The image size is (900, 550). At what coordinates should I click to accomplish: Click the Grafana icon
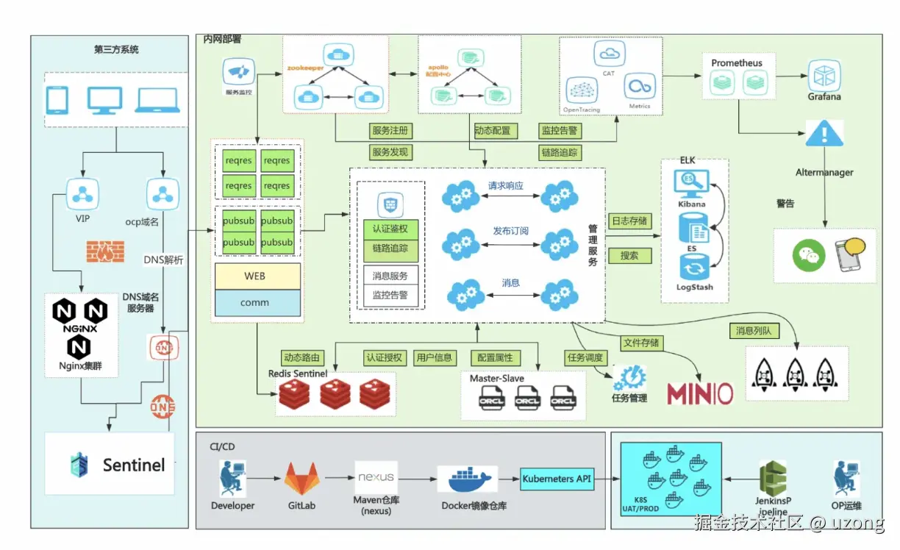824,76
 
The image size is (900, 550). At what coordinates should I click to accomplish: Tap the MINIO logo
700,393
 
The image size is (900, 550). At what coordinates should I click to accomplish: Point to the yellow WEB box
257,276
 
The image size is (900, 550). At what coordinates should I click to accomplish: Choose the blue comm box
257,303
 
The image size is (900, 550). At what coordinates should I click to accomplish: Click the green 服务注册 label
390,131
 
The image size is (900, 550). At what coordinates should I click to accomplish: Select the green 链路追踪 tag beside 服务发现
560,153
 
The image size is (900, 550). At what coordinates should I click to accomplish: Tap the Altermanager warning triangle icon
824,135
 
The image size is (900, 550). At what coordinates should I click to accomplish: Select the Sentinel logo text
133,465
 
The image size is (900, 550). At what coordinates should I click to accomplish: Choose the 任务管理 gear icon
630,377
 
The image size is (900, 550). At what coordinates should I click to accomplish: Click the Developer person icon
232,479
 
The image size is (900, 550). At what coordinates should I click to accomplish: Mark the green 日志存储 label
629,221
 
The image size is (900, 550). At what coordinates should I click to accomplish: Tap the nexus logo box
376,477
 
